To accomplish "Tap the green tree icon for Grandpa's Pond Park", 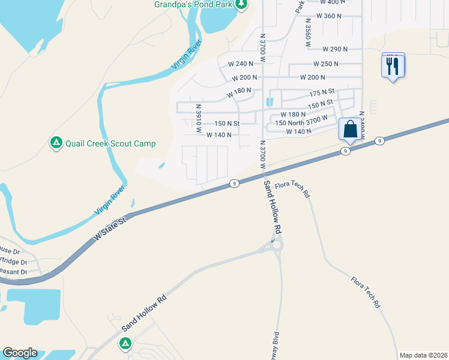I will tap(241, 5).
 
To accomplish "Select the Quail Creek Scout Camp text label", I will tap(110, 143).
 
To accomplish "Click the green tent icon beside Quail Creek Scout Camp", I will tap(56, 143).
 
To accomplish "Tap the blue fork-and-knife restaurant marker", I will tap(393, 65).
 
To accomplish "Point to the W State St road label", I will tap(112, 229).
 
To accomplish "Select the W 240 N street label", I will tap(241, 64).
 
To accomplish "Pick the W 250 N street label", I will tap(326, 64).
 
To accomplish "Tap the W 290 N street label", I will tap(336, 49).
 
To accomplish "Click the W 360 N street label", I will tap(328, 16).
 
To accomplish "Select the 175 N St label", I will tap(322, 94).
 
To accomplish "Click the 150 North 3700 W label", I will tap(301, 122).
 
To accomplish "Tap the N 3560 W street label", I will tap(308, 35).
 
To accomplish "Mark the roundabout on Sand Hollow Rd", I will tap(277, 245).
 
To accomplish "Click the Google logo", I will tap(20, 353).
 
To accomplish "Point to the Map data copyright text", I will tap(423, 355).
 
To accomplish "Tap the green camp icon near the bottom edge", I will tap(125, 343).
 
